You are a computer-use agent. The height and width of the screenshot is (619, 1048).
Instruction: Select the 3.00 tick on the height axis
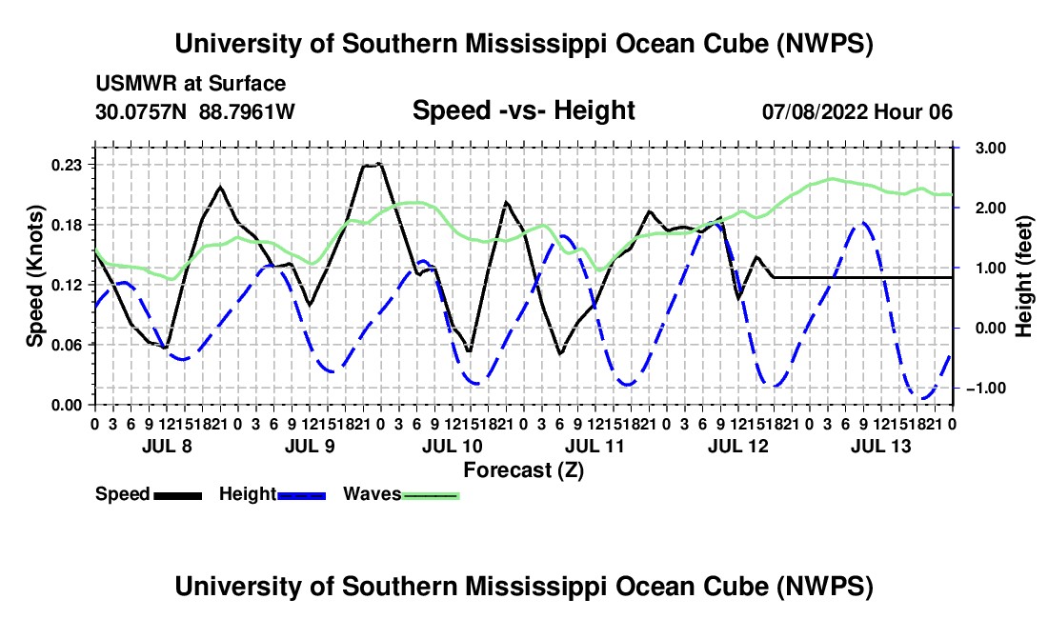click(x=991, y=149)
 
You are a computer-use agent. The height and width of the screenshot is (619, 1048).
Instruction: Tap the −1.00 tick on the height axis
click(x=988, y=389)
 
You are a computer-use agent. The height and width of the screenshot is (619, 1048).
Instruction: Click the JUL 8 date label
click(x=167, y=446)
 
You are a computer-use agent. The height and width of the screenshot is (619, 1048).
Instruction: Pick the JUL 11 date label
click(x=595, y=446)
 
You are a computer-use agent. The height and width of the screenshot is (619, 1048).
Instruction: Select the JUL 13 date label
click(x=881, y=446)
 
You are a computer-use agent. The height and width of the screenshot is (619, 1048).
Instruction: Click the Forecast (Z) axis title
click(x=524, y=470)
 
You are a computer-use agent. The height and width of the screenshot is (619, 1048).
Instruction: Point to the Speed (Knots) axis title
click(x=34, y=276)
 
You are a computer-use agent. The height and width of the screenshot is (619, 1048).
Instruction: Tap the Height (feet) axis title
click(x=1024, y=276)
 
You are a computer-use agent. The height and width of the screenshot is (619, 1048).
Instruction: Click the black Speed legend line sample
click(x=178, y=495)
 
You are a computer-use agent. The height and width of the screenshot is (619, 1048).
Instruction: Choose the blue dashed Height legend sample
click(x=301, y=495)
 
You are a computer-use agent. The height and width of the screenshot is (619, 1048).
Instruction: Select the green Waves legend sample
click(x=431, y=495)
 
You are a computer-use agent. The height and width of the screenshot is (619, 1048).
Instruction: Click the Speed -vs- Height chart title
click(x=523, y=110)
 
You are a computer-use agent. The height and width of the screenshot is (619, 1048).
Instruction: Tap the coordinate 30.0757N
click(x=141, y=111)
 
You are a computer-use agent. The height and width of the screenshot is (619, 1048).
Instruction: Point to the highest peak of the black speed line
click(x=379, y=163)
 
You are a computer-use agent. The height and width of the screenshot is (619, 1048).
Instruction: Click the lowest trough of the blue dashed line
click(x=924, y=399)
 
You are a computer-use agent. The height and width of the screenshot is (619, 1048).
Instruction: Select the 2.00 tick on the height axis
click(x=991, y=209)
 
